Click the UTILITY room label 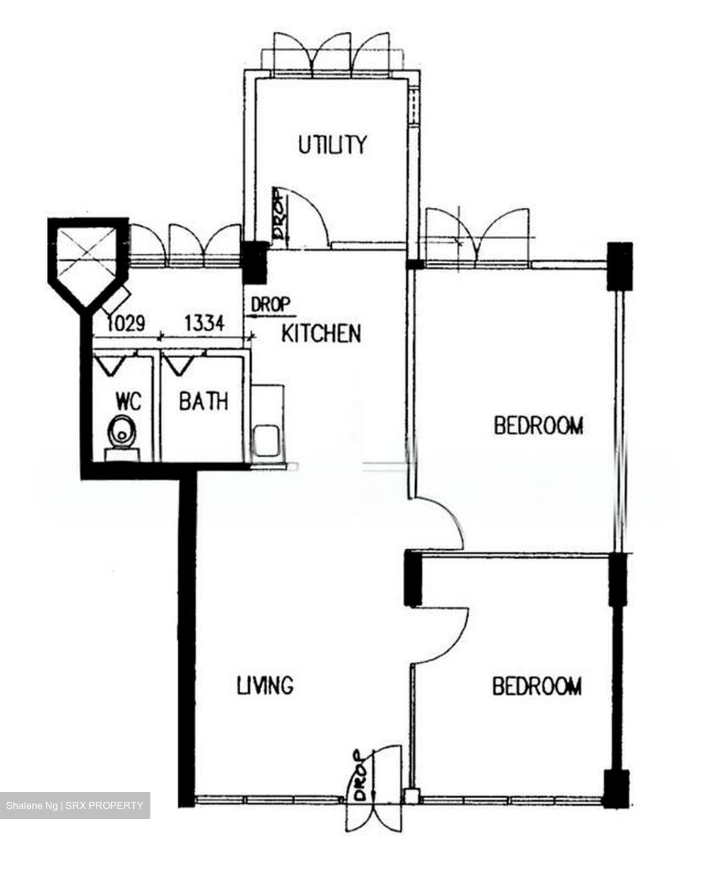[x=332, y=145]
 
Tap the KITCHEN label [x=321, y=334]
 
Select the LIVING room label [x=265, y=685]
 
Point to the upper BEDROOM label [x=538, y=425]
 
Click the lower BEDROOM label [x=537, y=686]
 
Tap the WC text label [x=128, y=402]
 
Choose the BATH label [x=204, y=402]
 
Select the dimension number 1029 [x=126, y=323]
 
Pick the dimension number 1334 [x=204, y=323]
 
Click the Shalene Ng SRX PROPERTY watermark [x=75, y=805]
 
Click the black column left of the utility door [x=254, y=262]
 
